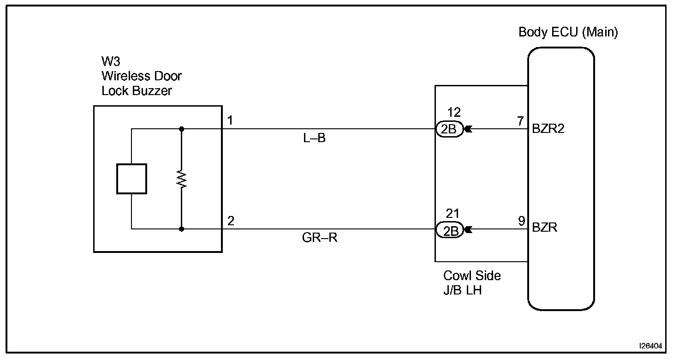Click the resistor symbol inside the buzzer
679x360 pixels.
[182, 179]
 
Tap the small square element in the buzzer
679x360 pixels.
[131, 179]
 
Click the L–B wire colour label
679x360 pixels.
[314, 138]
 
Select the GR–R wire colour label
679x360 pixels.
[320, 239]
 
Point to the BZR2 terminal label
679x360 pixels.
[548, 129]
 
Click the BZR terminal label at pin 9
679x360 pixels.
[544, 228]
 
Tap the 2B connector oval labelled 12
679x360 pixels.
[449, 130]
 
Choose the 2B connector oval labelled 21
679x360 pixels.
[449, 230]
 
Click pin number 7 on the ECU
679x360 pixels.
[520, 121]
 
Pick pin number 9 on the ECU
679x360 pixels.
[521, 221]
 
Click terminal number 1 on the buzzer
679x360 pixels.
[230, 121]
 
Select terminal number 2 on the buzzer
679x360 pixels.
[231, 221]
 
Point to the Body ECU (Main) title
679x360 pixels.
[568, 32]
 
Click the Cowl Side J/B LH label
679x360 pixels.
[472, 283]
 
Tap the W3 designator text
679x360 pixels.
[111, 62]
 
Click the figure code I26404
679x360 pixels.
[650, 345]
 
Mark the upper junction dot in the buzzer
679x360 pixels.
[182, 129]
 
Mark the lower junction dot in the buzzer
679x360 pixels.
[182, 228]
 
